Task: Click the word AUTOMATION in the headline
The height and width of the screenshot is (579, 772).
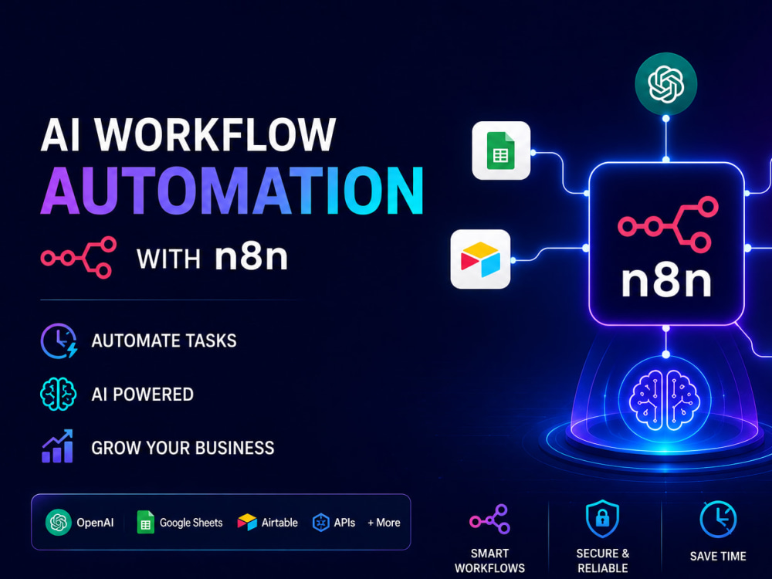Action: coord(232,191)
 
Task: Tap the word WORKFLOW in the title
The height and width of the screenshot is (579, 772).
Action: coord(215,134)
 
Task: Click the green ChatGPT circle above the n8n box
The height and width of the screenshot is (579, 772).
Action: coord(665,83)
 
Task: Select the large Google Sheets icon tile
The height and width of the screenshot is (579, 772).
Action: coord(501,151)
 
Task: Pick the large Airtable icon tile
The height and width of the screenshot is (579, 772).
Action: coord(480,259)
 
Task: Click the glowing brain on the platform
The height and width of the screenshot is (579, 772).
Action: coord(665,399)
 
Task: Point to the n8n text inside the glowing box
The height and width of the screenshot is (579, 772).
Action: coord(666,282)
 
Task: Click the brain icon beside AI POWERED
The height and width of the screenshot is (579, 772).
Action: coord(58,394)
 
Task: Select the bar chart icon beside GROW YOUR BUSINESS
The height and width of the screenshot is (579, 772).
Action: coord(58,446)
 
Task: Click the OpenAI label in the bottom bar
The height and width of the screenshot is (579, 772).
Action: coord(95,523)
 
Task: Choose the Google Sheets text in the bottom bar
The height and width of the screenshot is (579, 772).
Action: coord(191,523)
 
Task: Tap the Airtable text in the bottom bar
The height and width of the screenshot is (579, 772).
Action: coord(279,523)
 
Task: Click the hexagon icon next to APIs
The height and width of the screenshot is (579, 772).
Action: coord(321,523)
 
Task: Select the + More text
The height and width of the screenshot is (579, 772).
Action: coord(384,523)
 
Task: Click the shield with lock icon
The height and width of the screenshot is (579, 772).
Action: coord(602,519)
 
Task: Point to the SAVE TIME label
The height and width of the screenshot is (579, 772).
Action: coord(718,557)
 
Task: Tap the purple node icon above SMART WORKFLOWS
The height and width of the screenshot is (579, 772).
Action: coord(490,520)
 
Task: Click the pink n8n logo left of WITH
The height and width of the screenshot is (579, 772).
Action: coord(79,258)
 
